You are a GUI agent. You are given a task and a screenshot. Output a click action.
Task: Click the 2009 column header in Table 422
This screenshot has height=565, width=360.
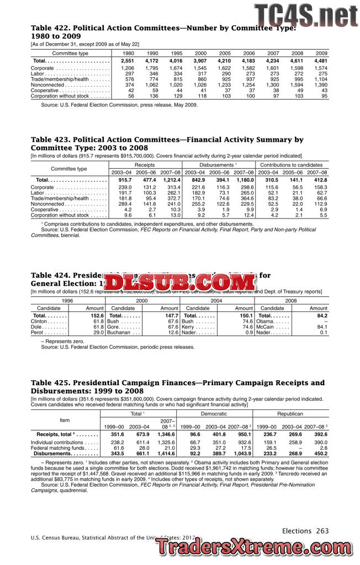click(x=321, y=53)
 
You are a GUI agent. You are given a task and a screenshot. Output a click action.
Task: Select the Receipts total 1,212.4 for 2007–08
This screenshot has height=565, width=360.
click(x=172, y=180)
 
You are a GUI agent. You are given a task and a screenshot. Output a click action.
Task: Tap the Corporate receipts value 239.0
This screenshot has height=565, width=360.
click(x=124, y=188)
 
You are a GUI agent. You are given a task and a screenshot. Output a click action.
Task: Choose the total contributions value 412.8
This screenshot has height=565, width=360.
click(x=320, y=180)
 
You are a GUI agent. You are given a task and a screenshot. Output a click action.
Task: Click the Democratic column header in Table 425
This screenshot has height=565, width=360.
click(x=214, y=413)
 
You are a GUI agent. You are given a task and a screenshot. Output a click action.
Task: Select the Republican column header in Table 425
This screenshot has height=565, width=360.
click(x=290, y=413)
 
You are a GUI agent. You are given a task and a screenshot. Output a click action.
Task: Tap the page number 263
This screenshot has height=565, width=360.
click(x=322, y=531)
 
